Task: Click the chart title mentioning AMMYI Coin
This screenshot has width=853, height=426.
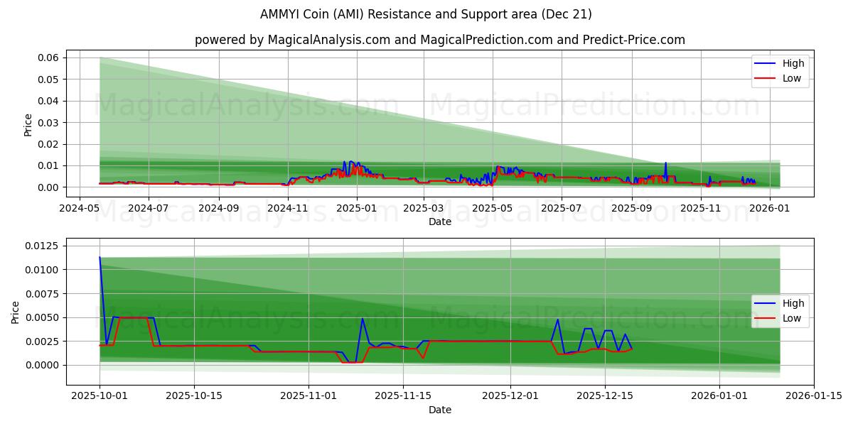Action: coord(426,14)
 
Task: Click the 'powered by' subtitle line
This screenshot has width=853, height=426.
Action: coord(440,40)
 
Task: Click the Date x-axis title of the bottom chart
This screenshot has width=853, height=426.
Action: coord(440,410)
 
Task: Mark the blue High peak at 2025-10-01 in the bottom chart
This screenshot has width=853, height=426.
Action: coord(100,257)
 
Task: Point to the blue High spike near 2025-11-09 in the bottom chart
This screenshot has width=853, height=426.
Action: coord(363,318)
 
